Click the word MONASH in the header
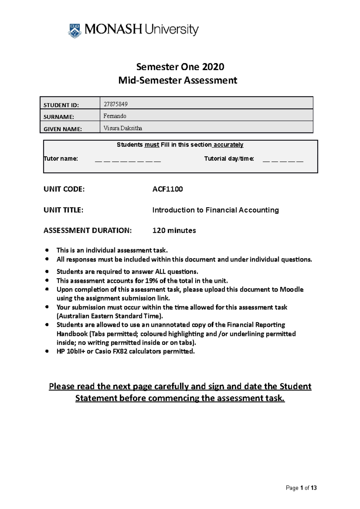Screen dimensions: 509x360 [113, 30]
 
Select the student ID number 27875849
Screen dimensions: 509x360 [115, 104]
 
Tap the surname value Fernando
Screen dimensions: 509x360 [115, 116]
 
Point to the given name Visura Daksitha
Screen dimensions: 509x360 [123, 128]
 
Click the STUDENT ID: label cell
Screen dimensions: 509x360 [61, 105]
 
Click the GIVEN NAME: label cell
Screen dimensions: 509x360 [63, 129]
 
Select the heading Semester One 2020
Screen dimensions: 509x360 [180, 67]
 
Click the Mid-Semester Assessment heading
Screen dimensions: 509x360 [178, 80]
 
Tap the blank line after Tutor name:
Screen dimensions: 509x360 [128, 161]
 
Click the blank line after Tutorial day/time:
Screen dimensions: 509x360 [283, 161]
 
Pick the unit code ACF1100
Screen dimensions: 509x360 [167, 189]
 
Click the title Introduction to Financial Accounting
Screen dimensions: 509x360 [215, 210]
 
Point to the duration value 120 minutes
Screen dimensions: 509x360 [174, 231]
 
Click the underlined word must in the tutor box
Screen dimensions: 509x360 [152, 145]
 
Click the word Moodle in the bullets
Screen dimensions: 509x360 [291, 290]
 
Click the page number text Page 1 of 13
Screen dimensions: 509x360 [301, 488]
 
